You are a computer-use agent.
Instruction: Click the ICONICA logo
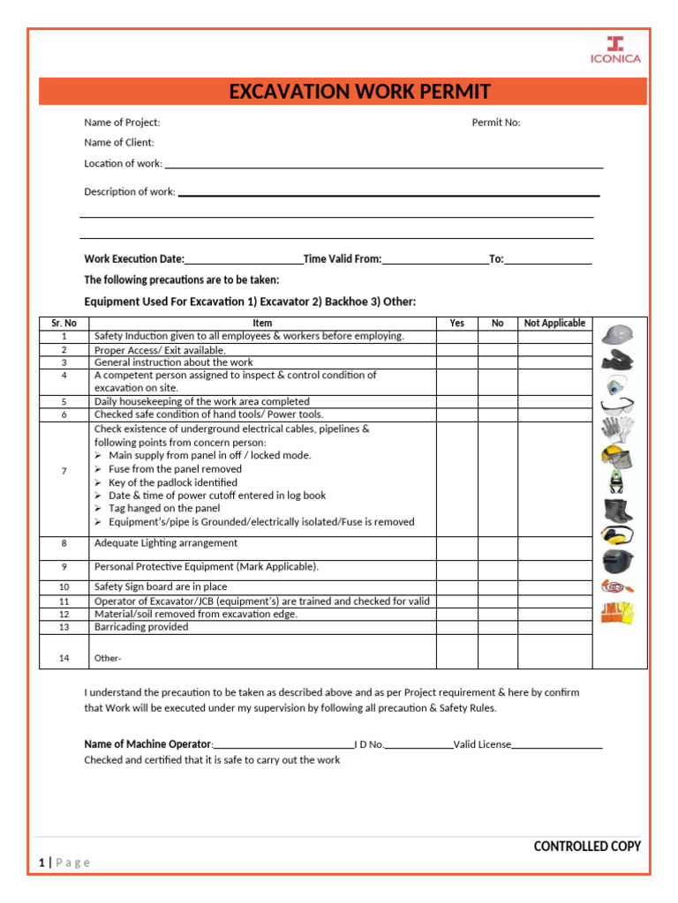(615, 49)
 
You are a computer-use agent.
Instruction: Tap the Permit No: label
(496, 123)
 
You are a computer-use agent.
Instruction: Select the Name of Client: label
(119, 142)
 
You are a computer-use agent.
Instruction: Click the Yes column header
(456, 323)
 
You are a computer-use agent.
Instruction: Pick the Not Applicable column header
(554, 323)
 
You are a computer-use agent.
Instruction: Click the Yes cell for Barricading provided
(456, 627)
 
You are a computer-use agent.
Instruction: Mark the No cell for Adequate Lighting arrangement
(497, 548)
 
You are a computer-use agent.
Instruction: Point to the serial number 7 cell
(64, 471)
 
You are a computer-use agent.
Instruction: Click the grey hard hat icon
(618, 334)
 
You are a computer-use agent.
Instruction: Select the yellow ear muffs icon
(617, 534)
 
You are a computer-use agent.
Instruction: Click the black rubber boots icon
(618, 509)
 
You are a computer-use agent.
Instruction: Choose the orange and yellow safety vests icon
(618, 612)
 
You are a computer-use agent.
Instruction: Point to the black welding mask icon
(618, 560)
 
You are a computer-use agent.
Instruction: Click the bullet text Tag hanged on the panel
(164, 509)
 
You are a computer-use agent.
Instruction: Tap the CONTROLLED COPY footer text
(587, 847)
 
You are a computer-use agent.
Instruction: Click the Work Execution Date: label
(134, 259)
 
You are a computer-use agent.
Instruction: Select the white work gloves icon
(618, 429)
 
